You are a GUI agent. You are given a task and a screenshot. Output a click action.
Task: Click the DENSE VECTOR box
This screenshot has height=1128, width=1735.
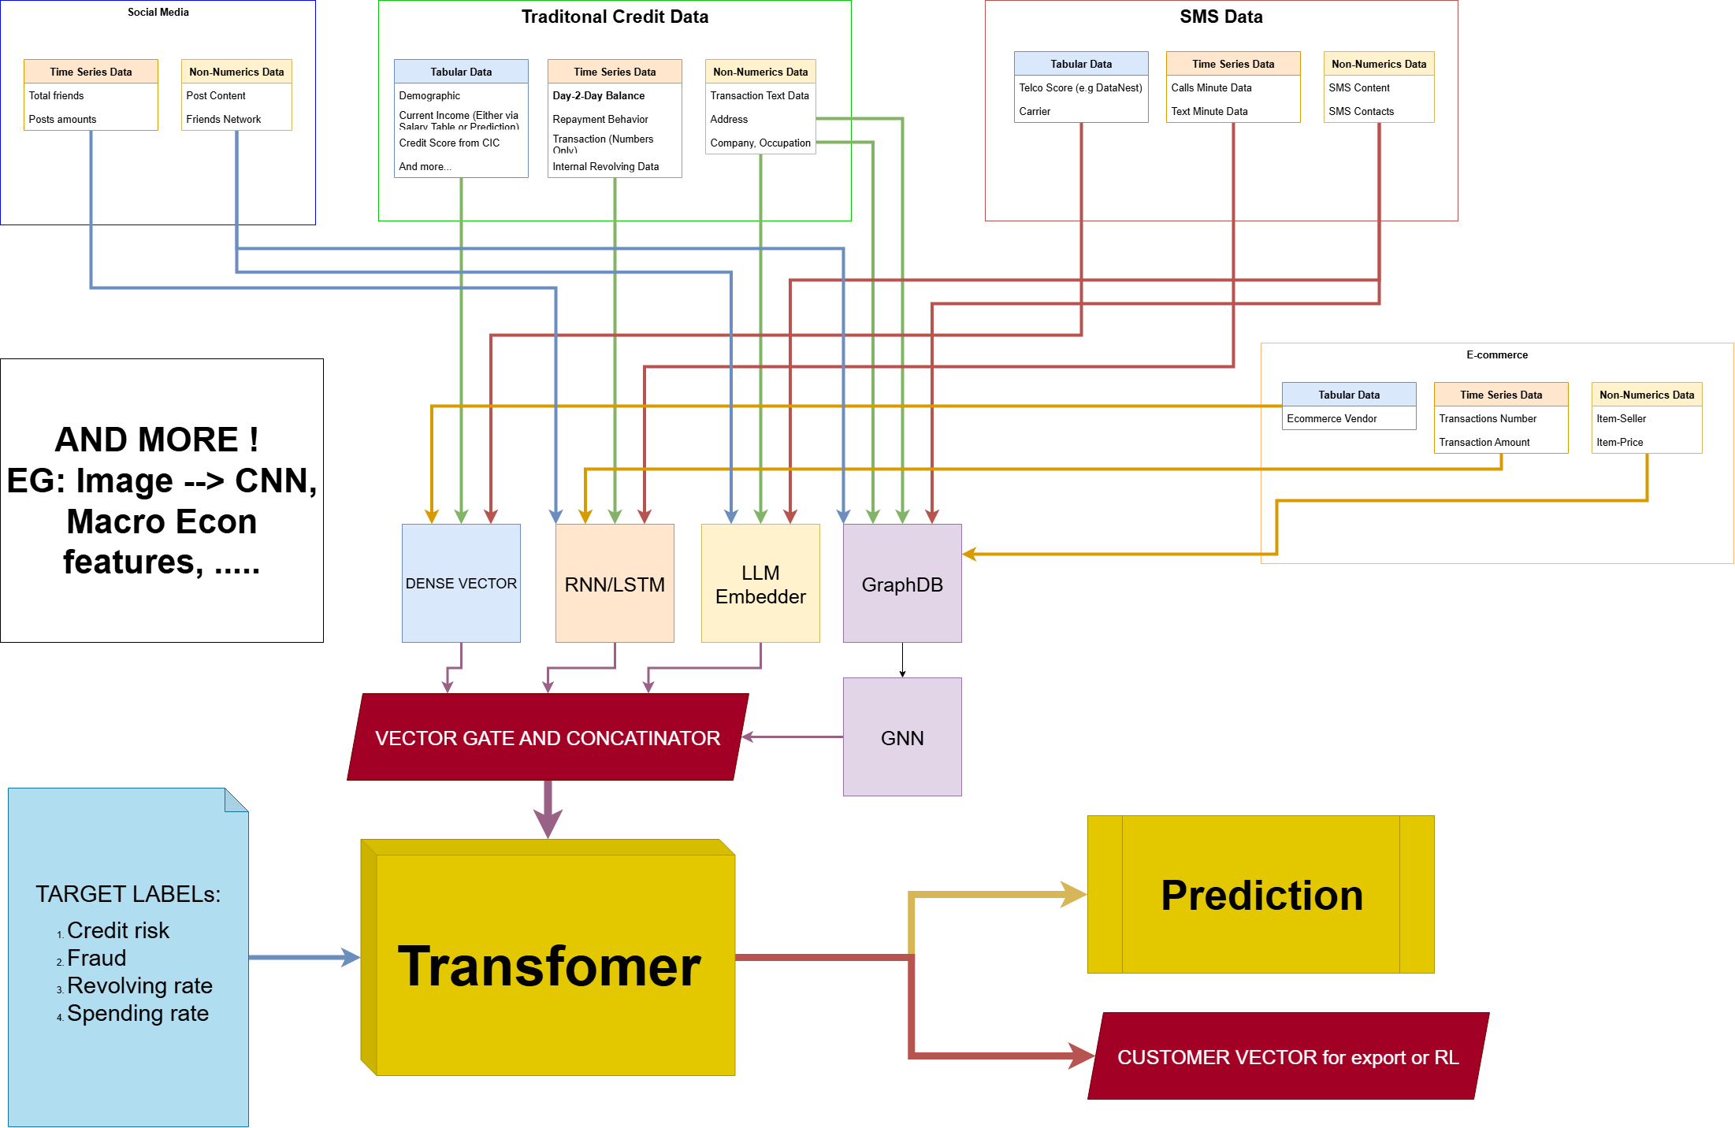(x=461, y=583)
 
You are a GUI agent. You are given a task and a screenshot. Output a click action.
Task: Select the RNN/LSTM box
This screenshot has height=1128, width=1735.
(x=615, y=584)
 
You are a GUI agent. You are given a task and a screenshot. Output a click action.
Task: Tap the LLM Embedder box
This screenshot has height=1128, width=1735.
(x=760, y=584)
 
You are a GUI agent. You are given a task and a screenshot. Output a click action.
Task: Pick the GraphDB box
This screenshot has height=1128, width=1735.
(x=902, y=584)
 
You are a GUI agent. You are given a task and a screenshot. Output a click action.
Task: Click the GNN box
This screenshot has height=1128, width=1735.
(x=902, y=737)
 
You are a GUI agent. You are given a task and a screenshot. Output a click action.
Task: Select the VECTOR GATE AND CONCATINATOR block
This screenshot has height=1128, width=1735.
(x=548, y=737)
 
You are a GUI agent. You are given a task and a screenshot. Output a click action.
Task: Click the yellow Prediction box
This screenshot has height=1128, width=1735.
(x=1261, y=895)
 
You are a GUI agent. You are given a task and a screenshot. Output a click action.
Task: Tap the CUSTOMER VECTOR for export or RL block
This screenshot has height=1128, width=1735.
(x=1287, y=1056)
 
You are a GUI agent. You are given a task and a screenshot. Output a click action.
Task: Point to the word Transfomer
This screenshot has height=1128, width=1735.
(x=549, y=966)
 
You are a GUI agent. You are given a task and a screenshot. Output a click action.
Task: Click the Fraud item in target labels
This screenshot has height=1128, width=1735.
(x=97, y=958)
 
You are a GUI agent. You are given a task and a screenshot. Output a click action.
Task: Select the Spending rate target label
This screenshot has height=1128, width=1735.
(x=138, y=1013)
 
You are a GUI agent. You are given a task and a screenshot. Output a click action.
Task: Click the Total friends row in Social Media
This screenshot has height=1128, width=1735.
(x=57, y=95)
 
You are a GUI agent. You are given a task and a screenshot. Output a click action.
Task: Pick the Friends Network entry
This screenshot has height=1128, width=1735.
(x=224, y=119)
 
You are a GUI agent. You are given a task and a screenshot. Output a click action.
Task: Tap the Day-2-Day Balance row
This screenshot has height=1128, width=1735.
(x=599, y=95)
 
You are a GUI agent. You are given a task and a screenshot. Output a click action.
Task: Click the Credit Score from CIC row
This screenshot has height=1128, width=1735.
(x=449, y=143)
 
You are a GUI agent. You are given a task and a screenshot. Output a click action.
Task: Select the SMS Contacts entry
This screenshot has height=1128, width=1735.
(x=1362, y=111)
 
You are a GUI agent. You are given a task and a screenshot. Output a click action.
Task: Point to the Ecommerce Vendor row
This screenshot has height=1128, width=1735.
(x=1332, y=418)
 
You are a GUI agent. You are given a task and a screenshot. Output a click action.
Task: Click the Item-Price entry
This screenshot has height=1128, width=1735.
(x=1620, y=442)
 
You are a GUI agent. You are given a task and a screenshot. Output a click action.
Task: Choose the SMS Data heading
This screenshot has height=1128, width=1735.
(x=1221, y=17)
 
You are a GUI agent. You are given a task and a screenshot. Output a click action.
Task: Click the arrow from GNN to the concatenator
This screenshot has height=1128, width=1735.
(x=792, y=737)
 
